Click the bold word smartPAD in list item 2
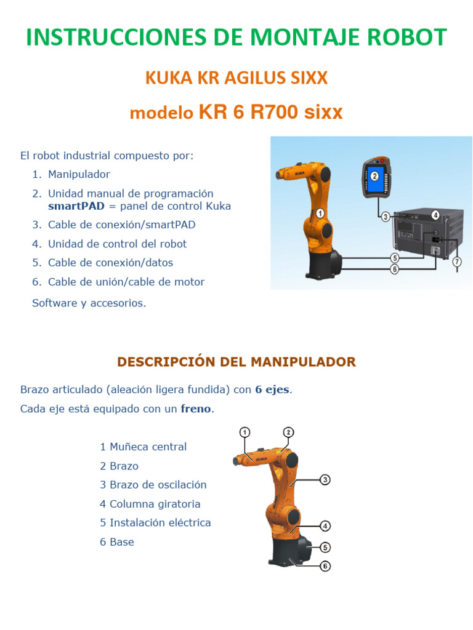[x=76, y=206]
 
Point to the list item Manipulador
[x=79, y=174]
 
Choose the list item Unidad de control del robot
[x=117, y=244]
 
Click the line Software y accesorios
[x=89, y=303]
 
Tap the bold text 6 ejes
[x=272, y=390]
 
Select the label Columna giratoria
[x=155, y=504]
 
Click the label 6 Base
[x=117, y=542]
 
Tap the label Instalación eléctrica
[x=160, y=523]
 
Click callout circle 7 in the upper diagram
[x=456, y=261]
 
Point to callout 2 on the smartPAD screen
[x=374, y=175]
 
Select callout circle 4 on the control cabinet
[x=435, y=215]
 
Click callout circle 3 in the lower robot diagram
[x=325, y=479]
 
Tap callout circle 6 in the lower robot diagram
[x=325, y=566]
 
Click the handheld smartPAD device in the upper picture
[x=376, y=178]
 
